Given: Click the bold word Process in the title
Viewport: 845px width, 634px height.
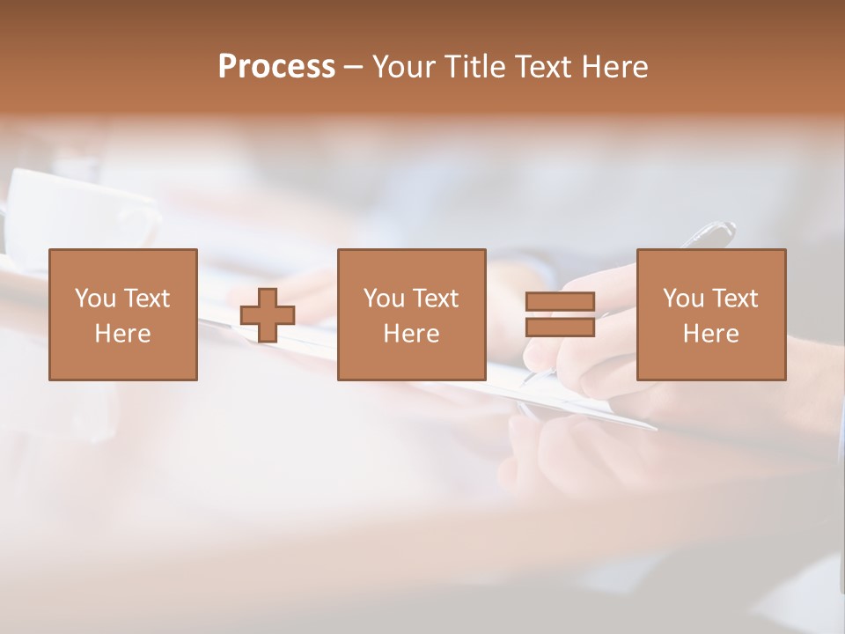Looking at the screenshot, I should [276, 67].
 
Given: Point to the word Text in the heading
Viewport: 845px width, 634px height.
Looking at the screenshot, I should [545, 67].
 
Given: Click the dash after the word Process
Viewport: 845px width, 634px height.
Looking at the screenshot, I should [353, 68].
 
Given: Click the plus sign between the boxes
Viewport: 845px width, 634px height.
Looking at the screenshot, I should [268, 315].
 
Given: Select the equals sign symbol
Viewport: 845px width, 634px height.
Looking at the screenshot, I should [560, 314].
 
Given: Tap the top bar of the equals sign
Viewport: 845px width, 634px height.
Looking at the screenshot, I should [560, 302].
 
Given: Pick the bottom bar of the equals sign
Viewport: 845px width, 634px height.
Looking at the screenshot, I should [560, 327].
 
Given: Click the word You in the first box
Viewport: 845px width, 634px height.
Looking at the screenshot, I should [92, 299].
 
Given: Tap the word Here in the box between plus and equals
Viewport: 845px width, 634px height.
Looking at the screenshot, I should [411, 334].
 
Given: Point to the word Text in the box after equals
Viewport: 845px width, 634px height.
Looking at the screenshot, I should [734, 299].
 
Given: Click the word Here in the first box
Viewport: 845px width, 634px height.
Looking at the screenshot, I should [122, 334].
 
